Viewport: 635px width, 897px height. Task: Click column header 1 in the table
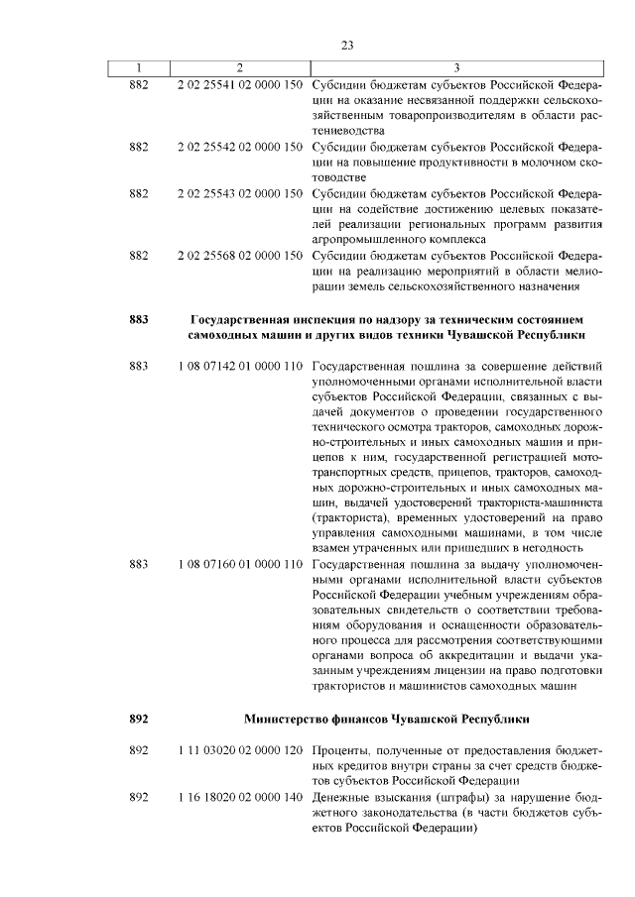[139, 66]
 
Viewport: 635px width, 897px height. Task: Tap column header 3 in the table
[454, 66]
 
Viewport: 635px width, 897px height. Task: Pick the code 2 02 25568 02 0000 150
[239, 255]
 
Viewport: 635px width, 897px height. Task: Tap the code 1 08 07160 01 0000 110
[239, 563]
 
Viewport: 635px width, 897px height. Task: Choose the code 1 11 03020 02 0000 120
[239, 751]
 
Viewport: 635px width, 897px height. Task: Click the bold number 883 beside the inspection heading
[139, 319]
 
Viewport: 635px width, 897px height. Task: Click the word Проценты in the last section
[339, 751]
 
